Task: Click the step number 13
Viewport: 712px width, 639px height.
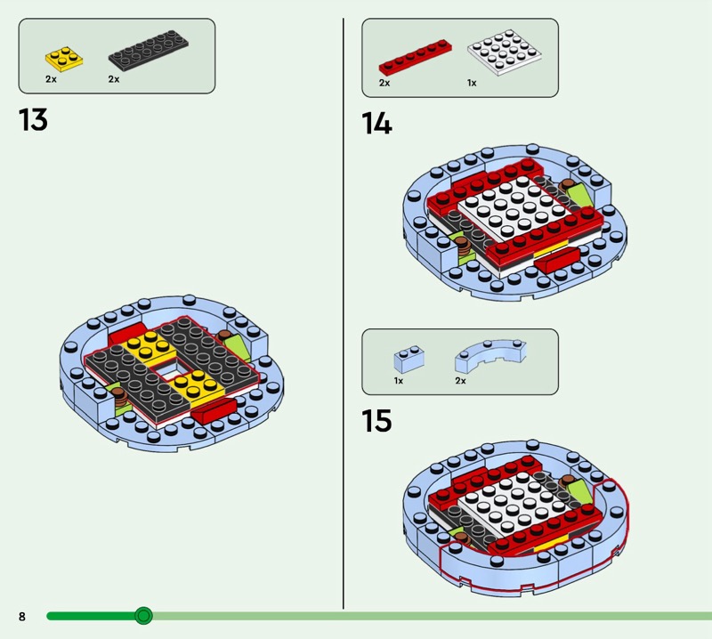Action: click(33, 120)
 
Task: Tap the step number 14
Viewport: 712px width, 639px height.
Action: click(376, 124)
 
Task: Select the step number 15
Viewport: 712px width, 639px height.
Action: click(376, 421)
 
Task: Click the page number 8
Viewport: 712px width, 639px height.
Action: click(22, 616)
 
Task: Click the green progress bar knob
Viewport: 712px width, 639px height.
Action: click(143, 616)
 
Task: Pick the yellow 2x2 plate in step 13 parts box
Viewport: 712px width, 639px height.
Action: click(64, 59)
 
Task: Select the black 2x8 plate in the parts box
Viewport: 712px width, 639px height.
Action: click(148, 51)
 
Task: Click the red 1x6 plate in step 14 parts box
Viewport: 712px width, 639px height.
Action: click(416, 57)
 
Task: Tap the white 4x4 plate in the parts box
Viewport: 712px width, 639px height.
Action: click(504, 53)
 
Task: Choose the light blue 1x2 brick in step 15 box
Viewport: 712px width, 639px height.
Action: click(409, 360)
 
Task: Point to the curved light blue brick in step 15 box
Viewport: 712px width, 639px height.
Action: click(490, 356)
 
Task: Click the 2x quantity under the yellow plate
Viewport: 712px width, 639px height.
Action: click(51, 79)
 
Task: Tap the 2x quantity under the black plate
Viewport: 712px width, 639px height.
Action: click(114, 79)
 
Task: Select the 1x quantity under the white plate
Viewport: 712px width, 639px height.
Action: click(472, 83)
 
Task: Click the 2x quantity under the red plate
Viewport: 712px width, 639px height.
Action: click(384, 83)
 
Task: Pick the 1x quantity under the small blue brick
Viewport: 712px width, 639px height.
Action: click(398, 381)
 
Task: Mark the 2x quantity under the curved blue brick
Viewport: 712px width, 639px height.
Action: click(460, 381)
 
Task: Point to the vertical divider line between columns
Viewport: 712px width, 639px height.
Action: click(344, 313)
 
